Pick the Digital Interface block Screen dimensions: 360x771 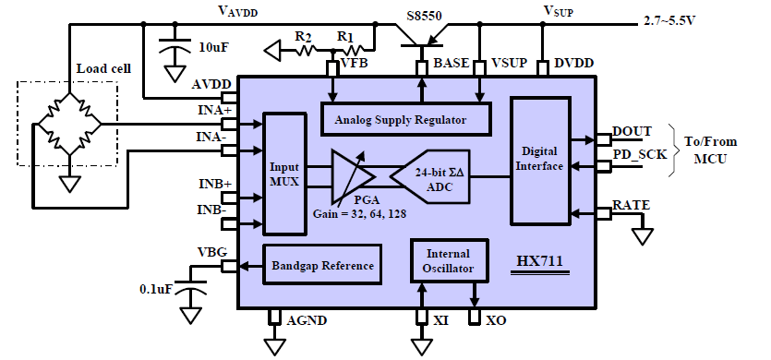pyautogui.click(x=540, y=160)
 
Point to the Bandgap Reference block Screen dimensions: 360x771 pyautogui.click(x=323, y=266)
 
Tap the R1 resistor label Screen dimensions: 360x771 pyautogui.click(x=345, y=35)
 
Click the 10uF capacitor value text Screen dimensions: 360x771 pyautogui.click(x=214, y=46)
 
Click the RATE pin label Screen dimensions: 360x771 pyautogui.click(x=632, y=205)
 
